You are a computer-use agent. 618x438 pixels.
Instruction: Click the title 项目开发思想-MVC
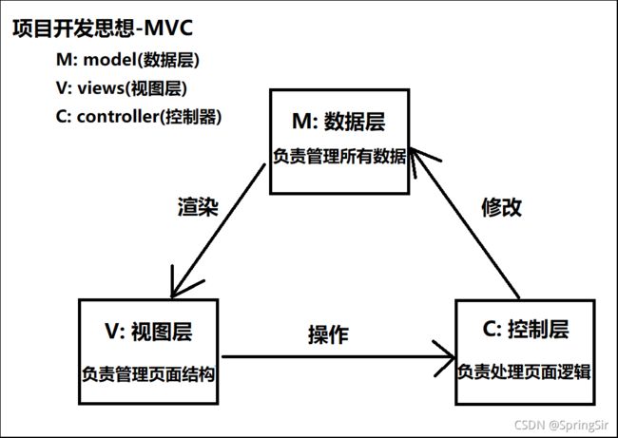click(x=103, y=29)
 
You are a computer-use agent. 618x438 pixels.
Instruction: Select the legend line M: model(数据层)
click(x=127, y=60)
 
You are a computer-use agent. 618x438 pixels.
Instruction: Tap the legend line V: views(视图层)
click(x=122, y=88)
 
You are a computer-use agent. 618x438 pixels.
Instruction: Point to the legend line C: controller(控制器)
click(x=139, y=117)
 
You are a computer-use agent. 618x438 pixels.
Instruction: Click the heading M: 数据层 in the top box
click(x=338, y=121)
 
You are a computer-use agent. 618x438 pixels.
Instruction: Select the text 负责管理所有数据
click(x=339, y=157)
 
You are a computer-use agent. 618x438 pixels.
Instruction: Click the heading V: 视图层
click(x=148, y=331)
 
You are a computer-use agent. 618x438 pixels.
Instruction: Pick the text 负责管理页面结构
click(x=148, y=373)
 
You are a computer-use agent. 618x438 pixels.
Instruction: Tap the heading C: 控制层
click(x=526, y=329)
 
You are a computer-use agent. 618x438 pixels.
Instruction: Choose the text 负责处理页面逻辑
click(x=525, y=371)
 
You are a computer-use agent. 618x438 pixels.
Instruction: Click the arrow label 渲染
click(x=198, y=206)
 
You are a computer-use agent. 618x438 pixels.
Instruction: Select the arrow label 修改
click(x=502, y=207)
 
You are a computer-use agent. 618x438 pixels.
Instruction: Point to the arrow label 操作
click(x=328, y=335)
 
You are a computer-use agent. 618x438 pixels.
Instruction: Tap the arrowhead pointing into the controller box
click(x=445, y=357)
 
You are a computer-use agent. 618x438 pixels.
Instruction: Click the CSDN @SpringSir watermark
click(x=561, y=425)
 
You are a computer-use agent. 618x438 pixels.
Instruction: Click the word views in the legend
click(x=101, y=88)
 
